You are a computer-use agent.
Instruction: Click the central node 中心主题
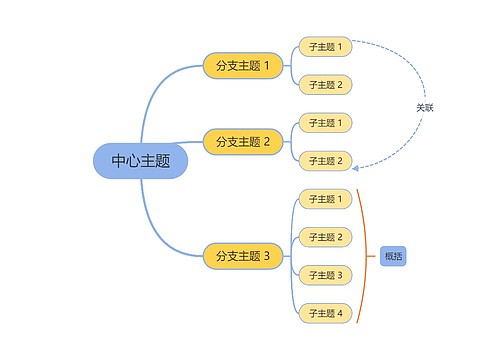point(140,161)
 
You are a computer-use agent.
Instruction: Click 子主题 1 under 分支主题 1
point(325,46)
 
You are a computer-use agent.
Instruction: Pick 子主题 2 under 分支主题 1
point(325,85)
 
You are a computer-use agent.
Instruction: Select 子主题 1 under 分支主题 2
point(325,123)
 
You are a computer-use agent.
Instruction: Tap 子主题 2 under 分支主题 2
point(325,161)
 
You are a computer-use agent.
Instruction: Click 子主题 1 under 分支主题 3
point(325,199)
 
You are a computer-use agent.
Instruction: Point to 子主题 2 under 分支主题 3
point(325,237)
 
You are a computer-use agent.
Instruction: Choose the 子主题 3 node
point(325,275)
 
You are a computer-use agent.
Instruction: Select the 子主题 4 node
point(325,313)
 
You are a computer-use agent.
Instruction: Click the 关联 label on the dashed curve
point(425,107)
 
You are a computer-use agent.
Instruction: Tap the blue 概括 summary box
point(393,256)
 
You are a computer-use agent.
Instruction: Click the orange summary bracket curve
point(368,256)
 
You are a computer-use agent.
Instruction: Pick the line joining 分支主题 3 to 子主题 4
point(292,295)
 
